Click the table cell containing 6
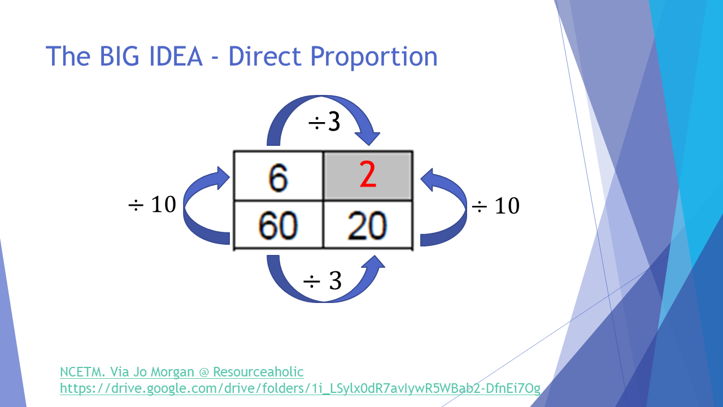tap(278, 176)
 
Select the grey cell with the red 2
tap(368, 176)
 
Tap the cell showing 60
tap(278, 225)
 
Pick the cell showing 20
tap(368, 225)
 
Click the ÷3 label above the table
tap(324, 122)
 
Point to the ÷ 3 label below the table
tap(322, 280)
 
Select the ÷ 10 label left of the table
tap(152, 204)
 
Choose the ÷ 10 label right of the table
tap(496, 205)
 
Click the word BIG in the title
tap(119, 56)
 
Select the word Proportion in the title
tap(374, 57)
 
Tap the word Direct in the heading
tap(265, 56)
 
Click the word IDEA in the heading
tap(176, 56)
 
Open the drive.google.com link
tap(300, 388)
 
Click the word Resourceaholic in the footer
tap(258, 372)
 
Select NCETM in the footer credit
tap(82, 372)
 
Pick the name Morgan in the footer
tap(173, 373)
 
